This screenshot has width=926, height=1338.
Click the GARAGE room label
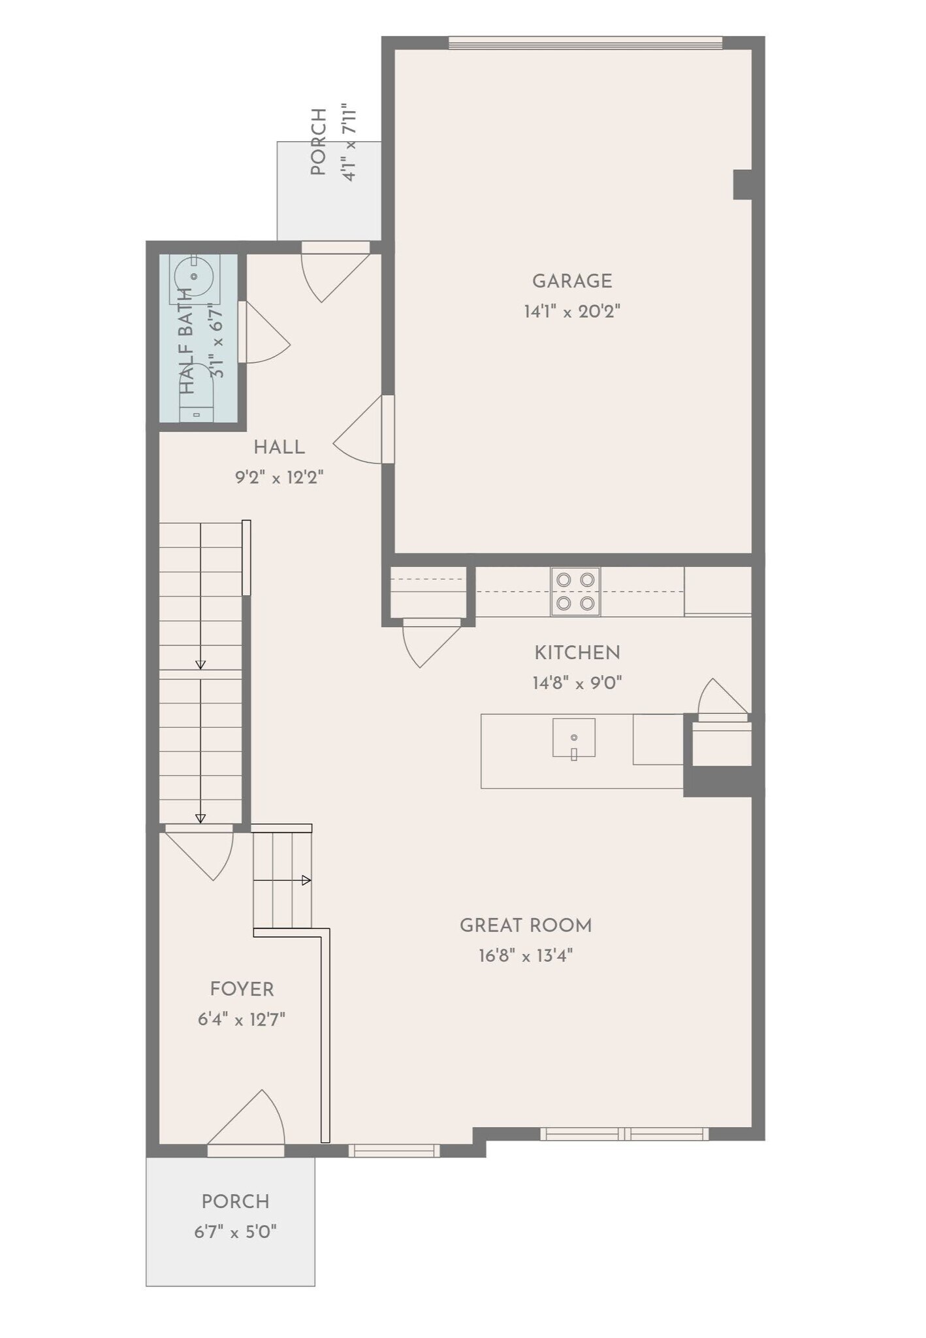pyautogui.click(x=572, y=282)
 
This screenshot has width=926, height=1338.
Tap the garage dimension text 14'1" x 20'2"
pyautogui.click(x=572, y=312)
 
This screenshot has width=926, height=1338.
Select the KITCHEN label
pyautogui.click(x=577, y=653)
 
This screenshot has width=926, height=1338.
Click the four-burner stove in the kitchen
pyautogui.click(x=575, y=591)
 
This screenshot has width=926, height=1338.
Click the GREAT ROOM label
pyautogui.click(x=526, y=926)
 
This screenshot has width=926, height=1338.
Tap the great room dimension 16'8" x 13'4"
pyautogui.click(x=526, y=956)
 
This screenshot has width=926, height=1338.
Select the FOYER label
pyautogui.click(x=242, y=989)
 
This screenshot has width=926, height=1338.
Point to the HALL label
pyautogui.click(x=279, y=448)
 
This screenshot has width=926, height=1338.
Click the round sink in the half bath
pyautogui.click(x=195, y=276)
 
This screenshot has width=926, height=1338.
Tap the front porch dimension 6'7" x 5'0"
pyautogui.click(x=235, y=1232)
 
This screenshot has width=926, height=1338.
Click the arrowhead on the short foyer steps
pyautogui.click(x=306, y=880)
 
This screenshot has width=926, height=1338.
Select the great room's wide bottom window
pyautogui.click(x=624, y=1134)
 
